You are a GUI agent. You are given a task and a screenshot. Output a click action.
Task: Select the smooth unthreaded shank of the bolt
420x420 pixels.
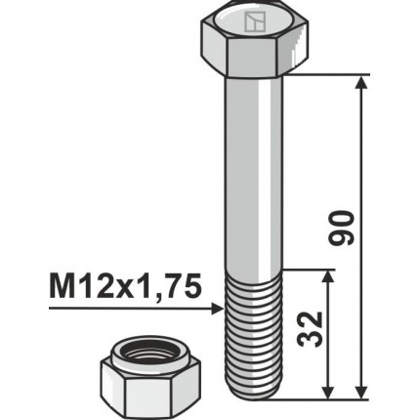pyautogui.click(x=255, y=176)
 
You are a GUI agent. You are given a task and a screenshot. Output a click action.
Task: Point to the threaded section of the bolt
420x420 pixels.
pyautogui.click(x=255, y=332)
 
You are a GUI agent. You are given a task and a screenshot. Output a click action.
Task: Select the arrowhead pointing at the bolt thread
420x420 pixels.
pyautogui.click(x=217, y=309)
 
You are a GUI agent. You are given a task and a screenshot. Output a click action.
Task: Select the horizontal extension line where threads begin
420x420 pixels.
pyautogui.click(x=308, y=271)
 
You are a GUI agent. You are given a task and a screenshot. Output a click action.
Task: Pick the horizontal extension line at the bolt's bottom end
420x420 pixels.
pyautogui.click(x=322, y=399)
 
